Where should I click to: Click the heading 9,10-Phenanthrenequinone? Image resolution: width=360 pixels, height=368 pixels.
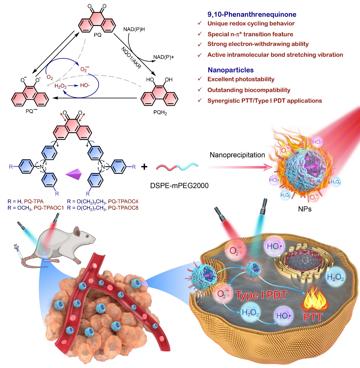point(252,14)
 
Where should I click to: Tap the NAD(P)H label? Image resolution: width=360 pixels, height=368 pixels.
point(134,29)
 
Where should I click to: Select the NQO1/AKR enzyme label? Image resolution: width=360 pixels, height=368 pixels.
point(131,58)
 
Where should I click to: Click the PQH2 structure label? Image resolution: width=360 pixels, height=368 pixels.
point(160,112)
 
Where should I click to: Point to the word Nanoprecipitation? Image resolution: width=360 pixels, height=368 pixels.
point(237,155)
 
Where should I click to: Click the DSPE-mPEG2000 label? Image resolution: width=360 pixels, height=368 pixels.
point(179,186)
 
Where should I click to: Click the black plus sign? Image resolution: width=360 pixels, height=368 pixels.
point(144,167)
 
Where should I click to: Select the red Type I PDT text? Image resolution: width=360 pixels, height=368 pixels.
point(261,295)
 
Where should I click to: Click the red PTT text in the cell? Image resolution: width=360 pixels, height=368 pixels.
point(313,317)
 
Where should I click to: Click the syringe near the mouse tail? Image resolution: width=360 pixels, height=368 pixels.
point(18,251)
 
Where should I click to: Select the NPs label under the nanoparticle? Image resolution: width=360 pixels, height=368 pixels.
point(305,209)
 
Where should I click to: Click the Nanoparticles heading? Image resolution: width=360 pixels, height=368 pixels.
point(231,70)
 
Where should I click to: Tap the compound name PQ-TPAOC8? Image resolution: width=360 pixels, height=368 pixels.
point(123,208)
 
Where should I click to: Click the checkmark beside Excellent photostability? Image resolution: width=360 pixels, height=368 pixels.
point(200,79)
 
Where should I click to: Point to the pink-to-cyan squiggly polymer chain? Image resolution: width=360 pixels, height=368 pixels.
point(177,167)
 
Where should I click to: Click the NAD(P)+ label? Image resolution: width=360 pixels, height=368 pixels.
point(163,57)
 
